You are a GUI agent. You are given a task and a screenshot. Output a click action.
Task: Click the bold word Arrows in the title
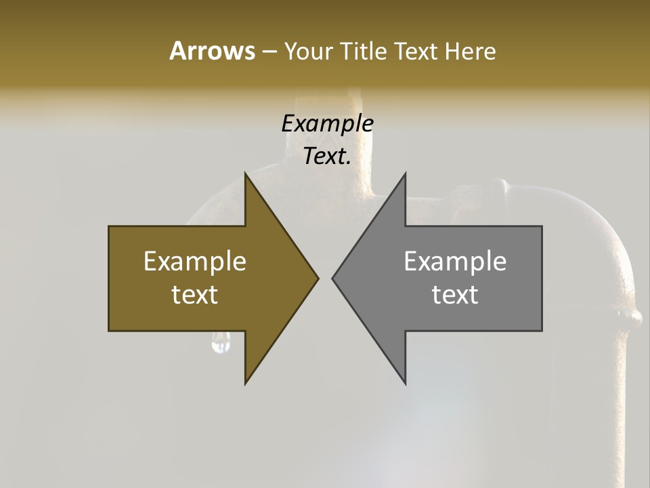coord(212,51)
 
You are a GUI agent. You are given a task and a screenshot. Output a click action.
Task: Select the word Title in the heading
coord(364,51)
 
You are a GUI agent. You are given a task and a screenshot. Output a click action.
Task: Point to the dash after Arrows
coord(269,52)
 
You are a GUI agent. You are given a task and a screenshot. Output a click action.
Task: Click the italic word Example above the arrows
coord(327,123)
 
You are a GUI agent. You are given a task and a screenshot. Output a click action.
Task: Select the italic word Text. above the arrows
coord(327,157)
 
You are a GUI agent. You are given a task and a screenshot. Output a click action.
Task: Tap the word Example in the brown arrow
coord(195,261)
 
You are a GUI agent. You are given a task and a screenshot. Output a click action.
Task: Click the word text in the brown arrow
coord(195,295)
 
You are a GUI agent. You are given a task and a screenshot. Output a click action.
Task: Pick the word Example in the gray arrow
coord(455,261)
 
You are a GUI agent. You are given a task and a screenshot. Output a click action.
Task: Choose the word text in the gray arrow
coord(455,295)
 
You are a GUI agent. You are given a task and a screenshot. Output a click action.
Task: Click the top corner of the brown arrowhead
coord(246,175)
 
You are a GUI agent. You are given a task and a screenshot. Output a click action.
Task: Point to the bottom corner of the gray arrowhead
coord(405,382)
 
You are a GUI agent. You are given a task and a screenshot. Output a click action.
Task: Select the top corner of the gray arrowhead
coord(405,175)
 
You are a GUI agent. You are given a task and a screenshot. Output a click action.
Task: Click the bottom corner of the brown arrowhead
coord(246,382)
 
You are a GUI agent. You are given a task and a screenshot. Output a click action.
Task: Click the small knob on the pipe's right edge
coord(634,317)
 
